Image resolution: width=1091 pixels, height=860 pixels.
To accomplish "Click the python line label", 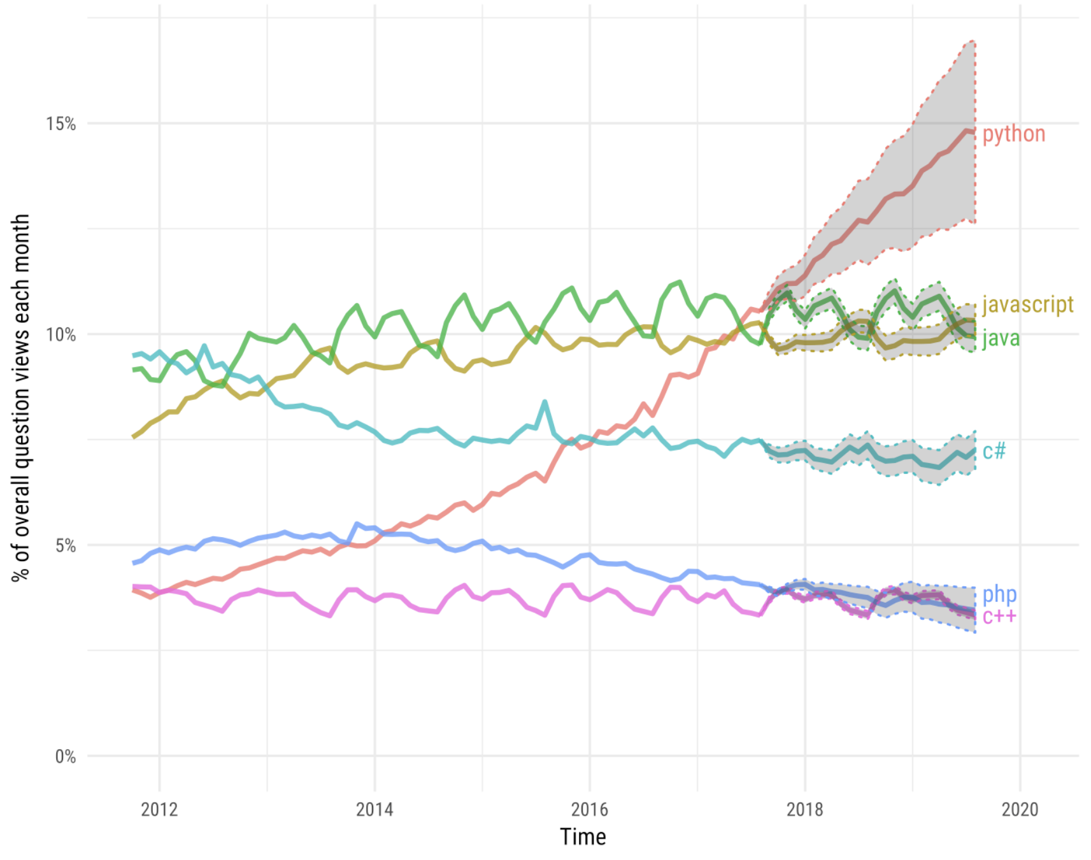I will [x=1013, y=134].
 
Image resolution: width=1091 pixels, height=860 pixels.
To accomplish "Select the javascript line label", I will [x=1027, y=305].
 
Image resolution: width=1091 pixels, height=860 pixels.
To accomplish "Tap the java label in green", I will [x=1001, y=338].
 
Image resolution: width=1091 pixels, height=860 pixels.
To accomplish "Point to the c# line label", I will [x=994, y=451].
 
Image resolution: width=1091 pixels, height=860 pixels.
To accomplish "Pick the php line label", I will [x=999, y=594].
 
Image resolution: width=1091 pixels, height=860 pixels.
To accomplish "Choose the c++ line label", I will [x=999, y=616].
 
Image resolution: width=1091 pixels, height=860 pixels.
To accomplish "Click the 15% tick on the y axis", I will [x=61, y=124].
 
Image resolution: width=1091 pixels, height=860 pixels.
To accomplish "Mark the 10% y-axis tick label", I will [x=61, y=334].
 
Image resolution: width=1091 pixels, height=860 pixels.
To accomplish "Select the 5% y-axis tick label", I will [x=65, y=546].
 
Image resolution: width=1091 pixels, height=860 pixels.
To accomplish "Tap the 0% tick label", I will [x=65, y=757].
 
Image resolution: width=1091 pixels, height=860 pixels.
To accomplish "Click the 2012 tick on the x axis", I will [x=159, y=810].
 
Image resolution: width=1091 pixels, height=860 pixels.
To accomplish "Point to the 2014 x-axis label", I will [x=374, y=810].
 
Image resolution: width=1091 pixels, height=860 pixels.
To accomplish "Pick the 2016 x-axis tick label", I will [x=590, y=810].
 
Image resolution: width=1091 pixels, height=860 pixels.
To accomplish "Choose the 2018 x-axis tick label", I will [x=805, y=810].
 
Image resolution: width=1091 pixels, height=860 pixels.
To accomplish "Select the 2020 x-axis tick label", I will [x=1020, y=810].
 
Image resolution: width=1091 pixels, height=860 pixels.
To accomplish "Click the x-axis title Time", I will [x=583, y=836].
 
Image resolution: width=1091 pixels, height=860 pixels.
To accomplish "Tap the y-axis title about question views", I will [x=20, y=397].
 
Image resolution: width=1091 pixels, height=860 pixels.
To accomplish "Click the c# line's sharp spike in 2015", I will [x=545, y=402].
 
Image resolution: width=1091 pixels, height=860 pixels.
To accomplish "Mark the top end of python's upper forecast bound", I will [x=974, y=41].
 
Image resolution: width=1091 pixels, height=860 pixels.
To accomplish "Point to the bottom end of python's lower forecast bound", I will [x=974, y=222].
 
